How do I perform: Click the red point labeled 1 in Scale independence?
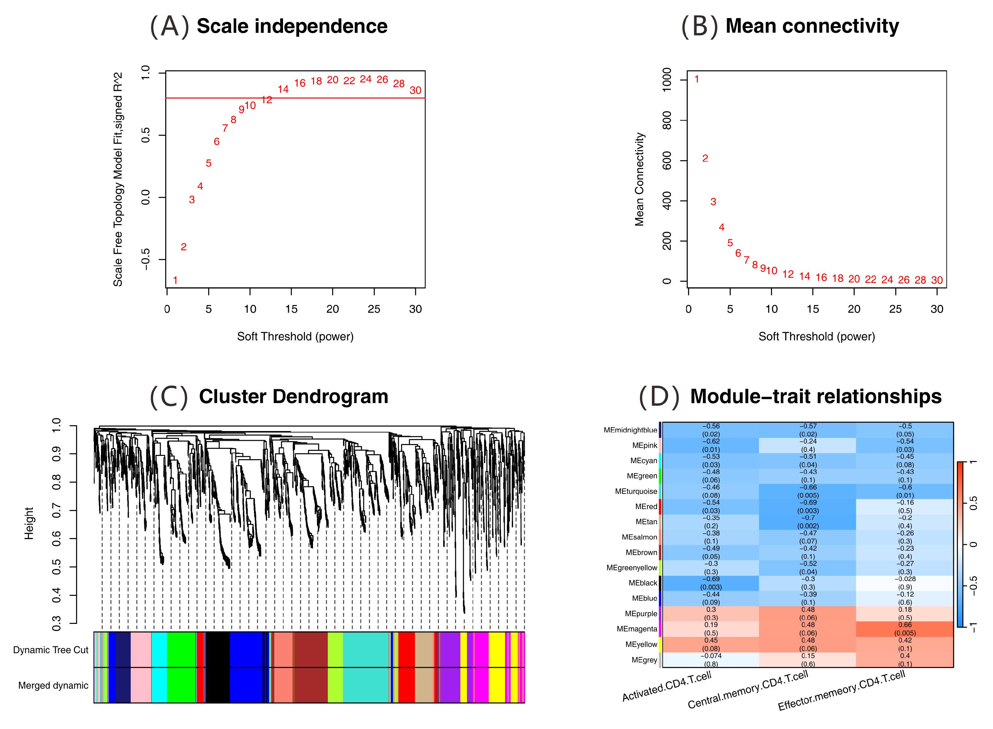point(175,280)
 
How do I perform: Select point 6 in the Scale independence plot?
point(217,142)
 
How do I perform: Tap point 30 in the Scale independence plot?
point(415,91)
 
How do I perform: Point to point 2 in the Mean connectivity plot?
point(705,158)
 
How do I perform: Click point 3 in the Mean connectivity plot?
point(713,202)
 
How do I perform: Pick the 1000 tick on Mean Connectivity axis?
point(667,80)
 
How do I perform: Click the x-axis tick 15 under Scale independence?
point(291,309)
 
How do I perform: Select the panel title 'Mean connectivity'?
point(812,26)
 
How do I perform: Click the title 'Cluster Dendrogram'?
point(293,396)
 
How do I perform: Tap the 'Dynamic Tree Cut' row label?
point(51,650)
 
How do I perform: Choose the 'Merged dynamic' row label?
point(53,685)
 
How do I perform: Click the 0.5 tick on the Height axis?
point(56,567)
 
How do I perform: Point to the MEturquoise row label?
point(636,491)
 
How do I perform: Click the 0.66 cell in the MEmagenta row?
point(905,629)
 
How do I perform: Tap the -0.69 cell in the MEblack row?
point(711,583)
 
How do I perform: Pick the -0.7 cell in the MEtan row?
point(807,522)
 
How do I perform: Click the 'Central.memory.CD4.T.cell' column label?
point(748,690)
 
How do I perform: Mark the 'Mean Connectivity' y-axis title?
point(639,179)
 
